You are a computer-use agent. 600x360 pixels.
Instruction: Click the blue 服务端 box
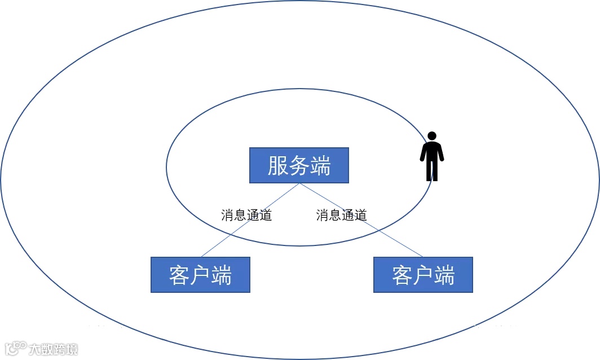[x=299, y=165]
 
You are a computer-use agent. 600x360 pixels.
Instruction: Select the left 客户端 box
[x=200, y=275]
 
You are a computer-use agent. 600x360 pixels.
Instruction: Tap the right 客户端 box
[x=423, y=275]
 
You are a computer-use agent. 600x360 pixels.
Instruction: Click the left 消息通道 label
[x=246, y=215]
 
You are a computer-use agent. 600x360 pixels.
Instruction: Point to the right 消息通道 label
[x=341, y=215]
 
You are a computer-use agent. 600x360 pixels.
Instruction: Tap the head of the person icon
[x=432, y=137]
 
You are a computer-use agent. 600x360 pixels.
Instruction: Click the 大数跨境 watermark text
[x=54, y=349]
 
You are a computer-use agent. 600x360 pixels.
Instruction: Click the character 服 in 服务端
[x=278, y=166]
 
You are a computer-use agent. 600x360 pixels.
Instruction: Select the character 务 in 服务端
[x=299, y=166]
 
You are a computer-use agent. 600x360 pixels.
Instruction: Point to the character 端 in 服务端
[x=320, y=166]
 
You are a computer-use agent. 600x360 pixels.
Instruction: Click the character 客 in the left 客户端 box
[x=179, y=275]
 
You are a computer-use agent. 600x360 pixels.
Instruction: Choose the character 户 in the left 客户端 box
[x=200, y=275]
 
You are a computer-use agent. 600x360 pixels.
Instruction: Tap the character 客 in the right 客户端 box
[x=402, y=275]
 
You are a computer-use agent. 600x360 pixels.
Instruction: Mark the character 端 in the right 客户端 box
[x=444, y=275]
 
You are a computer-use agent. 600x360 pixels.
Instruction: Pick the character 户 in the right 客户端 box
[x=423, y=275]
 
